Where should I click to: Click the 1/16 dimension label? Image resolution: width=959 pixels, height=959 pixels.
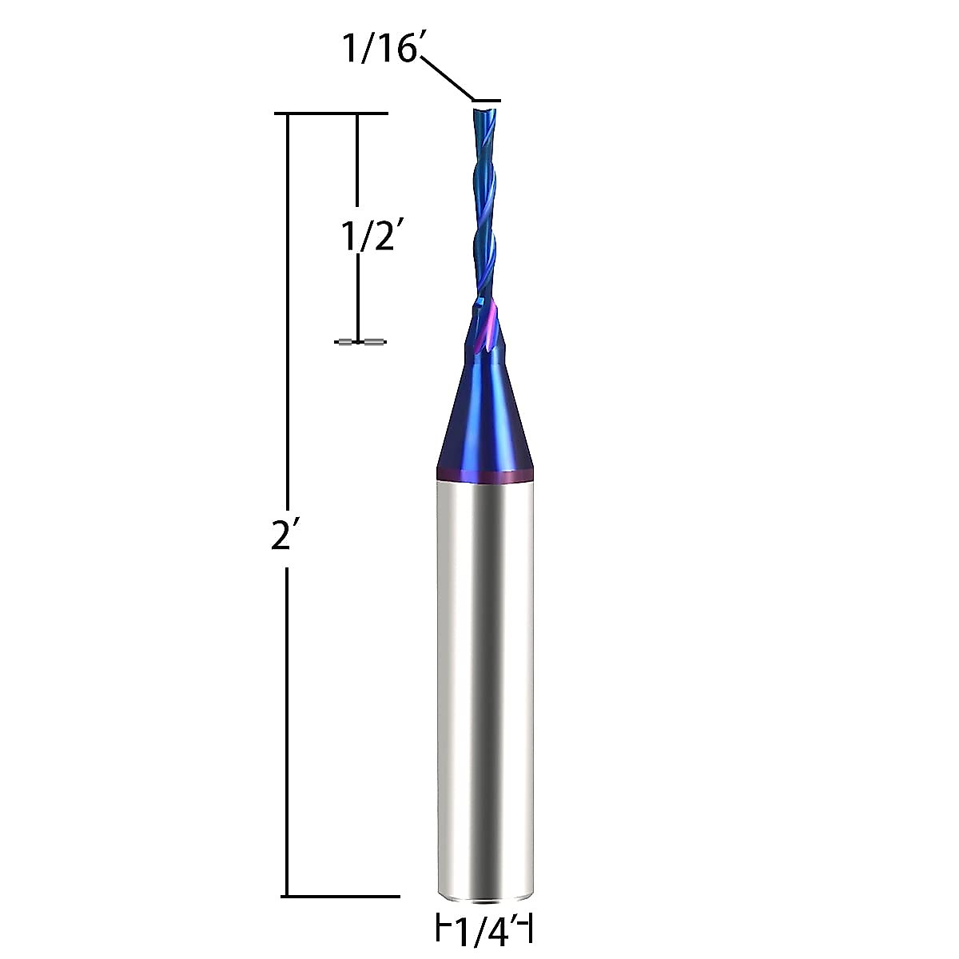[x=380, y=50]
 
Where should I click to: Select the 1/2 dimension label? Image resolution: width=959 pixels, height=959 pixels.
[x=368, y=237]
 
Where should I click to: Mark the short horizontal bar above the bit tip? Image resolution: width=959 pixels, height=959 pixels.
[x=487, y=101]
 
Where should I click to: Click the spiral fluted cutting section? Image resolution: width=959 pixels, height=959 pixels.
[x=484, y=208]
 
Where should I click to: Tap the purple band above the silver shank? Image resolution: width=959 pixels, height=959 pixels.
[x=485, y=478]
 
